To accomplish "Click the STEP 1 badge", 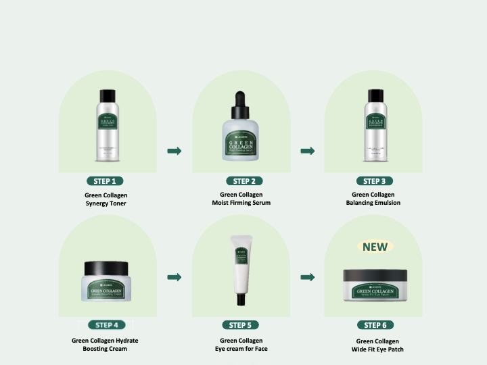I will pyautogui.click(x=106, y=181).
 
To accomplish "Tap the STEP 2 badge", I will pyautogui.click(x=243, y=181).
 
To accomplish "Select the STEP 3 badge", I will pyautogui.click(x=374, y=181).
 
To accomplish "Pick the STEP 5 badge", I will pyautogui.click(x=240, y=325).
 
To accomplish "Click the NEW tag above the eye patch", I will pyautogui.click(x=375, y=247).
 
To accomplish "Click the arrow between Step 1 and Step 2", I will pyautogui.click(x=174, y=151).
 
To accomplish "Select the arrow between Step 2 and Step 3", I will pyautogui.click(x=308, y=151).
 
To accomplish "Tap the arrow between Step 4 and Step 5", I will pyautogui.click(x=174, y=277).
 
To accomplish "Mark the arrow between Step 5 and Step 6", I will pyautogui.click(x=308, y=277).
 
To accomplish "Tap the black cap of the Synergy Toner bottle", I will pyautogui.click(x=106, y=95).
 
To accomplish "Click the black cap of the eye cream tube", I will pyautogui.click(x=241, y=298).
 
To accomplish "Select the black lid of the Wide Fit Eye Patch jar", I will pyautogui.click(x=375, y=275).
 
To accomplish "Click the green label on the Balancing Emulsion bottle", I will pyautogui.click(x=375, y=122).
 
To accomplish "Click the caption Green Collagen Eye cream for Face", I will pyautogui.click(x=241, y=345).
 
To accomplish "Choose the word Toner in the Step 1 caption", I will pyautogui.click(x=116, y=203).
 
